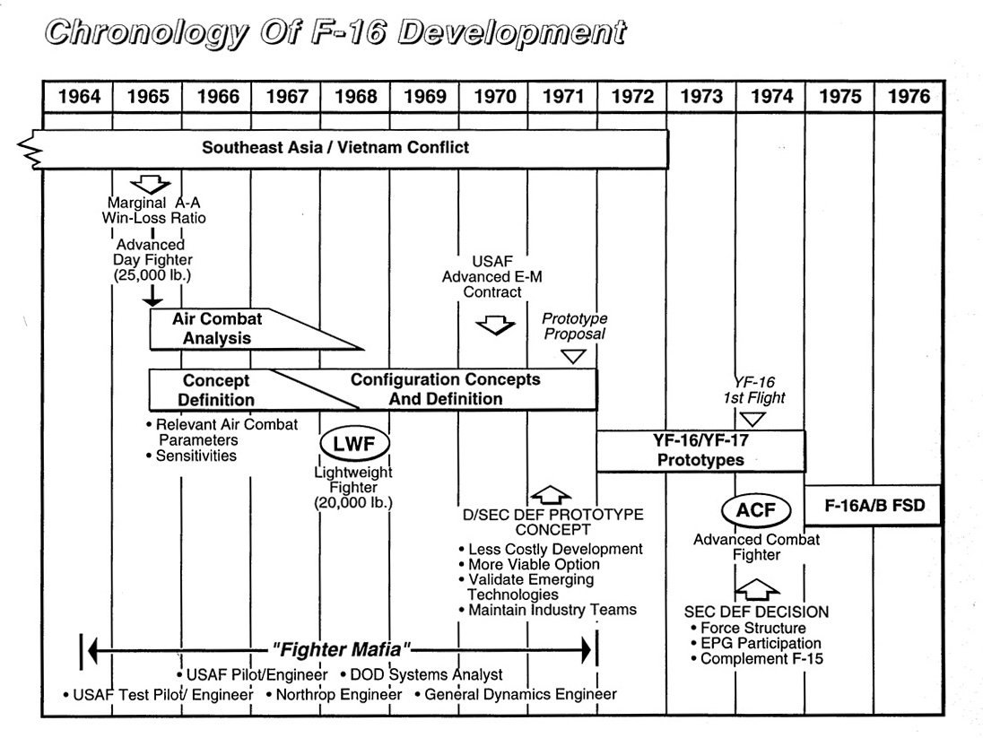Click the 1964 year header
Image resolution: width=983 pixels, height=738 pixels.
coord(78,97)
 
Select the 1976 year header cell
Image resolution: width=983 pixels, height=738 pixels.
coord(908,97)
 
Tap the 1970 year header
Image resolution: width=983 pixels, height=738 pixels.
coord(493,97)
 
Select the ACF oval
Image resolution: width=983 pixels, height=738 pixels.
coord(756,511)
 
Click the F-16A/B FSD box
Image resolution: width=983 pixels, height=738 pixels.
coord(874,505)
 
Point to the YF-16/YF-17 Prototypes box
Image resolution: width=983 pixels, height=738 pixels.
coord(700,450)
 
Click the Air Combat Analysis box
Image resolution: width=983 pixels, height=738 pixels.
coord(224,329)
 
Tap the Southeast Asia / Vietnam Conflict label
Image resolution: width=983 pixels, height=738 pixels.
coord(335,147)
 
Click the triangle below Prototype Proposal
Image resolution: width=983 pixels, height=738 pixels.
coord(572,356)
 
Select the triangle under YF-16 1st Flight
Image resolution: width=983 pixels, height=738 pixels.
coord(752,418)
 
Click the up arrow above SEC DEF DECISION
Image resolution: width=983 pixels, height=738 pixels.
coord(756,588)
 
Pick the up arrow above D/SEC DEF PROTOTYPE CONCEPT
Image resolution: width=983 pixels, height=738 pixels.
coord(550,494)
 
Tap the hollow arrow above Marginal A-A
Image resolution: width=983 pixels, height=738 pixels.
coord(150,184)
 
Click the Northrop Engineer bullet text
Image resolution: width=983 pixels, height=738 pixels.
coord(338,694)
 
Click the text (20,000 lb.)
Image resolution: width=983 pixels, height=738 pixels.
coord(354,503)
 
